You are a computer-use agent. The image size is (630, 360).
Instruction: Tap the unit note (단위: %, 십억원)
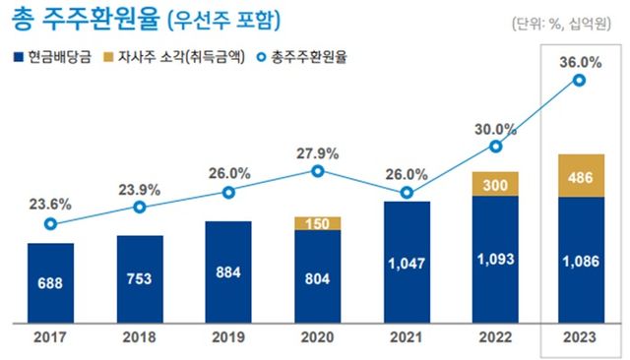[568, 23]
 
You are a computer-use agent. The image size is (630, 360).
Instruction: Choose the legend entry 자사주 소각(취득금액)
[177, 56]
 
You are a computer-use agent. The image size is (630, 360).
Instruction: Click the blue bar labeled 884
[228, 268]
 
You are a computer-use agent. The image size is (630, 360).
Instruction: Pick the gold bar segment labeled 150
[317, 223]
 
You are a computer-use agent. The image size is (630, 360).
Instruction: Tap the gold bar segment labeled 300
[495, 183]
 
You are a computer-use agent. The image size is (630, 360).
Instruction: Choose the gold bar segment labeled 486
[580, 175]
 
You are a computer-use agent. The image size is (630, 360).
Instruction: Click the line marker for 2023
[580, 81]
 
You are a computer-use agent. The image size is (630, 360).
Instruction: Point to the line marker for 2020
[317, 171]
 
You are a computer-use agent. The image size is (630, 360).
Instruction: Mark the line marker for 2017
[50, 224]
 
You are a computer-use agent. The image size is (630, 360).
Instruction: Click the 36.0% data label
[580, 61]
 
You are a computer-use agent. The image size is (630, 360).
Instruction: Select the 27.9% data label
[317, 152]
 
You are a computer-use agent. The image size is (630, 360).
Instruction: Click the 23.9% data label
[140, 189]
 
